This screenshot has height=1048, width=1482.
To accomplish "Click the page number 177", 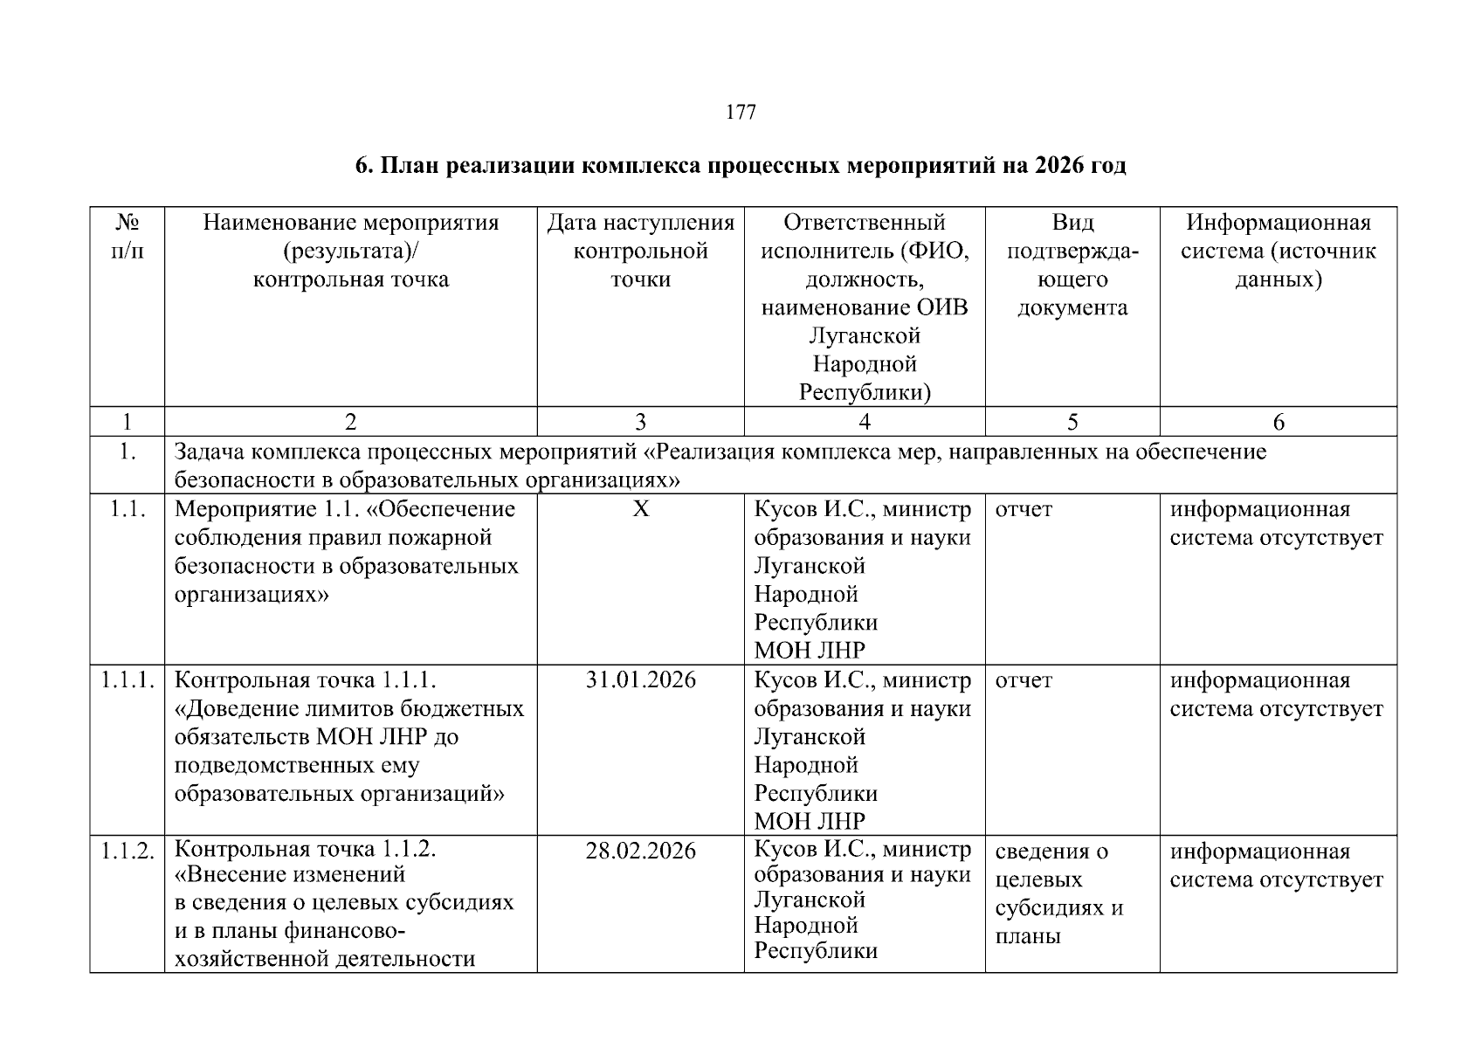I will click(x=741, y=113).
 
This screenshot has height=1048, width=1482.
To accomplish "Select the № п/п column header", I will click(x=128, y=237).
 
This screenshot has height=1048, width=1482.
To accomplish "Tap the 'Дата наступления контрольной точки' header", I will click(x=640, y=252).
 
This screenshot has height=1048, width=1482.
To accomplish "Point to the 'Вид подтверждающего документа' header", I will click(x=1072, y=265).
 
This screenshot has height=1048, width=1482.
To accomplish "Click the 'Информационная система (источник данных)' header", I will click(x=1278, y=252).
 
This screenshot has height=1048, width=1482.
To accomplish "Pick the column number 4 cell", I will click(x=865, y=423).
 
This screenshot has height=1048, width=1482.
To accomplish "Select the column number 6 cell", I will click(x=1279, y=423).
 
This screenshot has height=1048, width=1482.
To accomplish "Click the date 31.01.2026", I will click(x=641, y=680).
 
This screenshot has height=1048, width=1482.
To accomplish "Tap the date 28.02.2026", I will click(x=641, y=851).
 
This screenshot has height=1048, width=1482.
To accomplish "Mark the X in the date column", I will click(x=641, y=509).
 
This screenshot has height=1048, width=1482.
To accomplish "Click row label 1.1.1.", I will click(x=128, y=680).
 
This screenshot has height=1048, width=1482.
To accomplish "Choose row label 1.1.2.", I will click(x=128, y=851).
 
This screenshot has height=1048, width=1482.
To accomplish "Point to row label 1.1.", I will click(x=128, y=509).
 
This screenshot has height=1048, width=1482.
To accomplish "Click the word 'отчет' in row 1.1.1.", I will click(x=1024, y=680).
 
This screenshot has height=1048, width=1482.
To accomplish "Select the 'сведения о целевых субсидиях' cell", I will click(x=1058, y=893).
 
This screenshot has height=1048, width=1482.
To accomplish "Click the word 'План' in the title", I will click(x=409, y=165).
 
